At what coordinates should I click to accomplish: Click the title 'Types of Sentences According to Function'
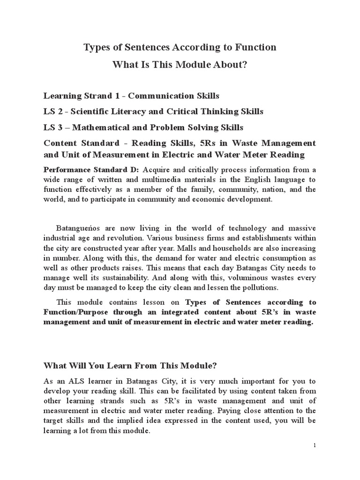click(x=180, y=47)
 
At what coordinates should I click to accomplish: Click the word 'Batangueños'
click(x=78, y=228)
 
